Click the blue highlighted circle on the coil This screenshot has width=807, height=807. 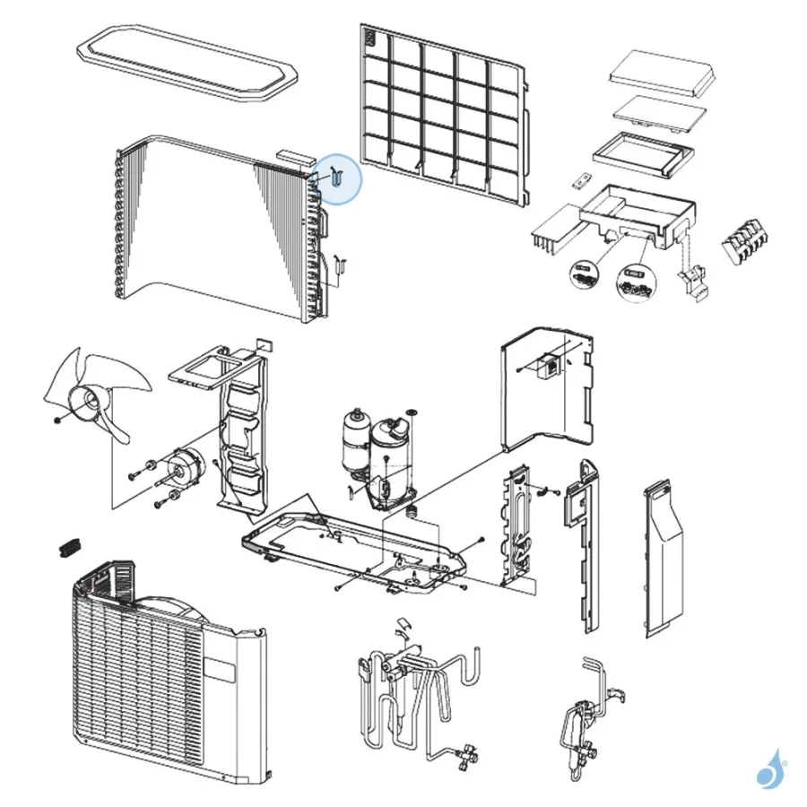point(338,179)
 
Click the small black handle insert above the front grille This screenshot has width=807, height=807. point(69,547)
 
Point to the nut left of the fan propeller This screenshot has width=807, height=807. point(57,419)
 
